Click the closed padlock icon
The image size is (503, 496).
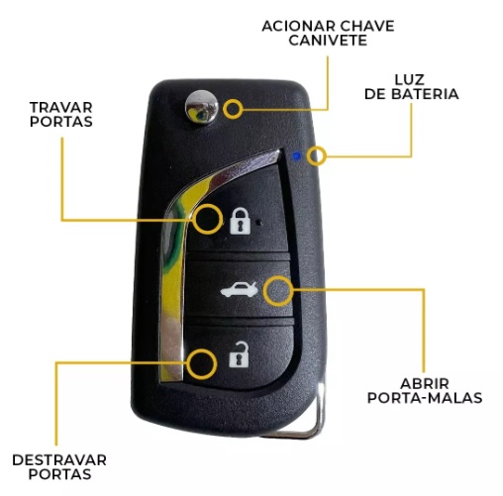pos(240,221)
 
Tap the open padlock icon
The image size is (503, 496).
pos(239,354)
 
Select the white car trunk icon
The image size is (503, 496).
pos(240,290)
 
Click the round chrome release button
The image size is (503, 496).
pos(202,107)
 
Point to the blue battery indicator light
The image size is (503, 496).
pos(297,156)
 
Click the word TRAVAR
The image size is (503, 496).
pos(61,108)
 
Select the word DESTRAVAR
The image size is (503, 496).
pos(59,460)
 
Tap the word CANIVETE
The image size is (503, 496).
pos(328,41)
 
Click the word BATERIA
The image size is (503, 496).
pos(425,94)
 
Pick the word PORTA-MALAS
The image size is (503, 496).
pos(425,398)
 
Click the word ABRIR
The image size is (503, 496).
pos(425,384)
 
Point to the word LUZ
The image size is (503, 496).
pos(410,80)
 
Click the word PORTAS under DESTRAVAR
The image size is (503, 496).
pos(59,474)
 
